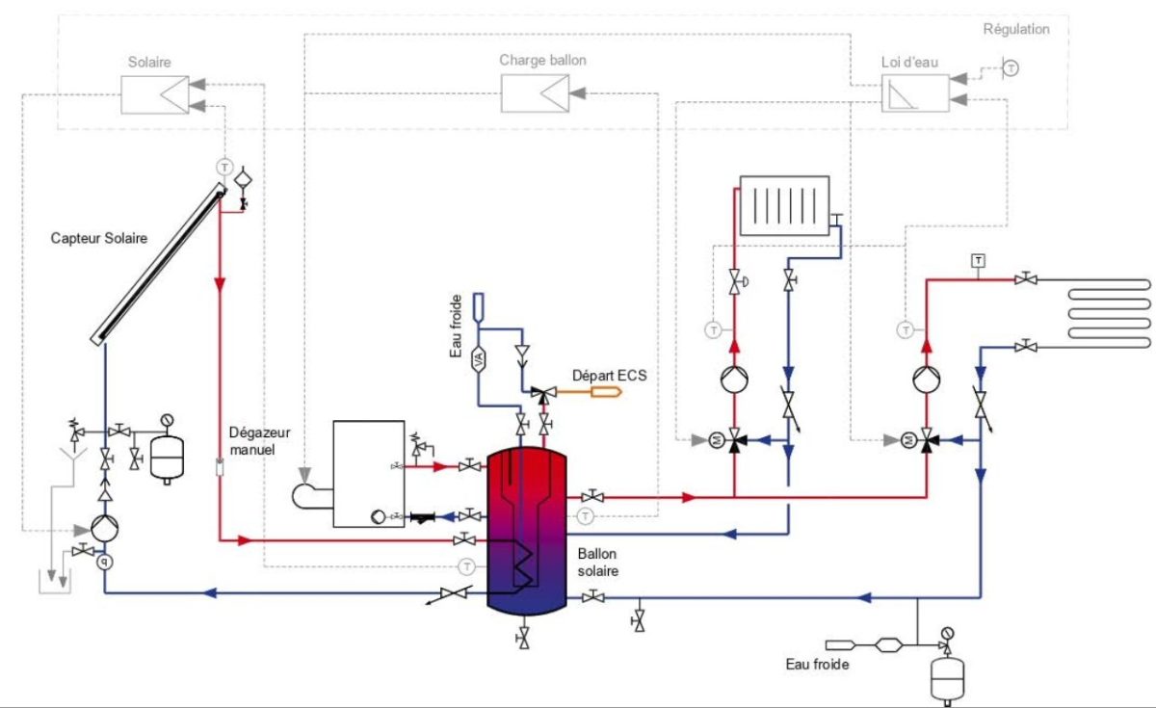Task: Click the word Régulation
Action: pos(1016,29)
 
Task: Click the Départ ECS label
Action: pos(609,376)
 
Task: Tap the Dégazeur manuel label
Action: pos(253,441)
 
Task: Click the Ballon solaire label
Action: pos(598,563)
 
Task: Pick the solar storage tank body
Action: pos(525,530)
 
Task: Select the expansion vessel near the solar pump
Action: pos(168,456)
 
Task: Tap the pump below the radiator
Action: pos(734,379)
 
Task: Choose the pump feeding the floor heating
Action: pos(927,379)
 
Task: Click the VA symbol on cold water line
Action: pos(480,359)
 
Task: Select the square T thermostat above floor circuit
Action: pos(978,260)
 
